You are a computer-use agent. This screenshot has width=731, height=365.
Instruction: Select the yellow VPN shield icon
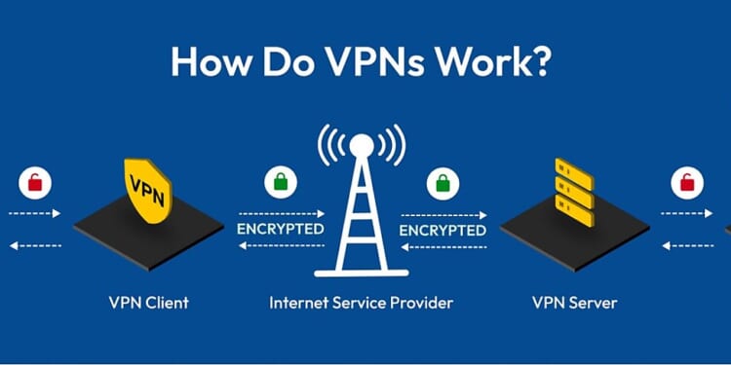(149, 186)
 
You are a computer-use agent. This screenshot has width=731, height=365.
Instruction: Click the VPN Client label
(149, 303)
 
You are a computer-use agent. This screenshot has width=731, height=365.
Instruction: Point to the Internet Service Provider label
(361, 303)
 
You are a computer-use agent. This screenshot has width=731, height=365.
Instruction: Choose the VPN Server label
(575, 303)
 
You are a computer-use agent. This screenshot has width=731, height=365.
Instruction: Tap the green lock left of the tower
(280, 181)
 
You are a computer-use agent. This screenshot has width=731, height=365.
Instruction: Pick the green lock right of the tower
(442, 181)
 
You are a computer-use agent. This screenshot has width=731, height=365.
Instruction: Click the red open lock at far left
(36, 181)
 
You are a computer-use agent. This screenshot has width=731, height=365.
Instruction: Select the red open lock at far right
(688, 181)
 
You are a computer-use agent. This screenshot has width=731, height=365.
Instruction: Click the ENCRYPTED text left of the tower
(281, 230)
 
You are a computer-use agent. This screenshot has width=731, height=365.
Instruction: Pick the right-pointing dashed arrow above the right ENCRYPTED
(443, 213)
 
